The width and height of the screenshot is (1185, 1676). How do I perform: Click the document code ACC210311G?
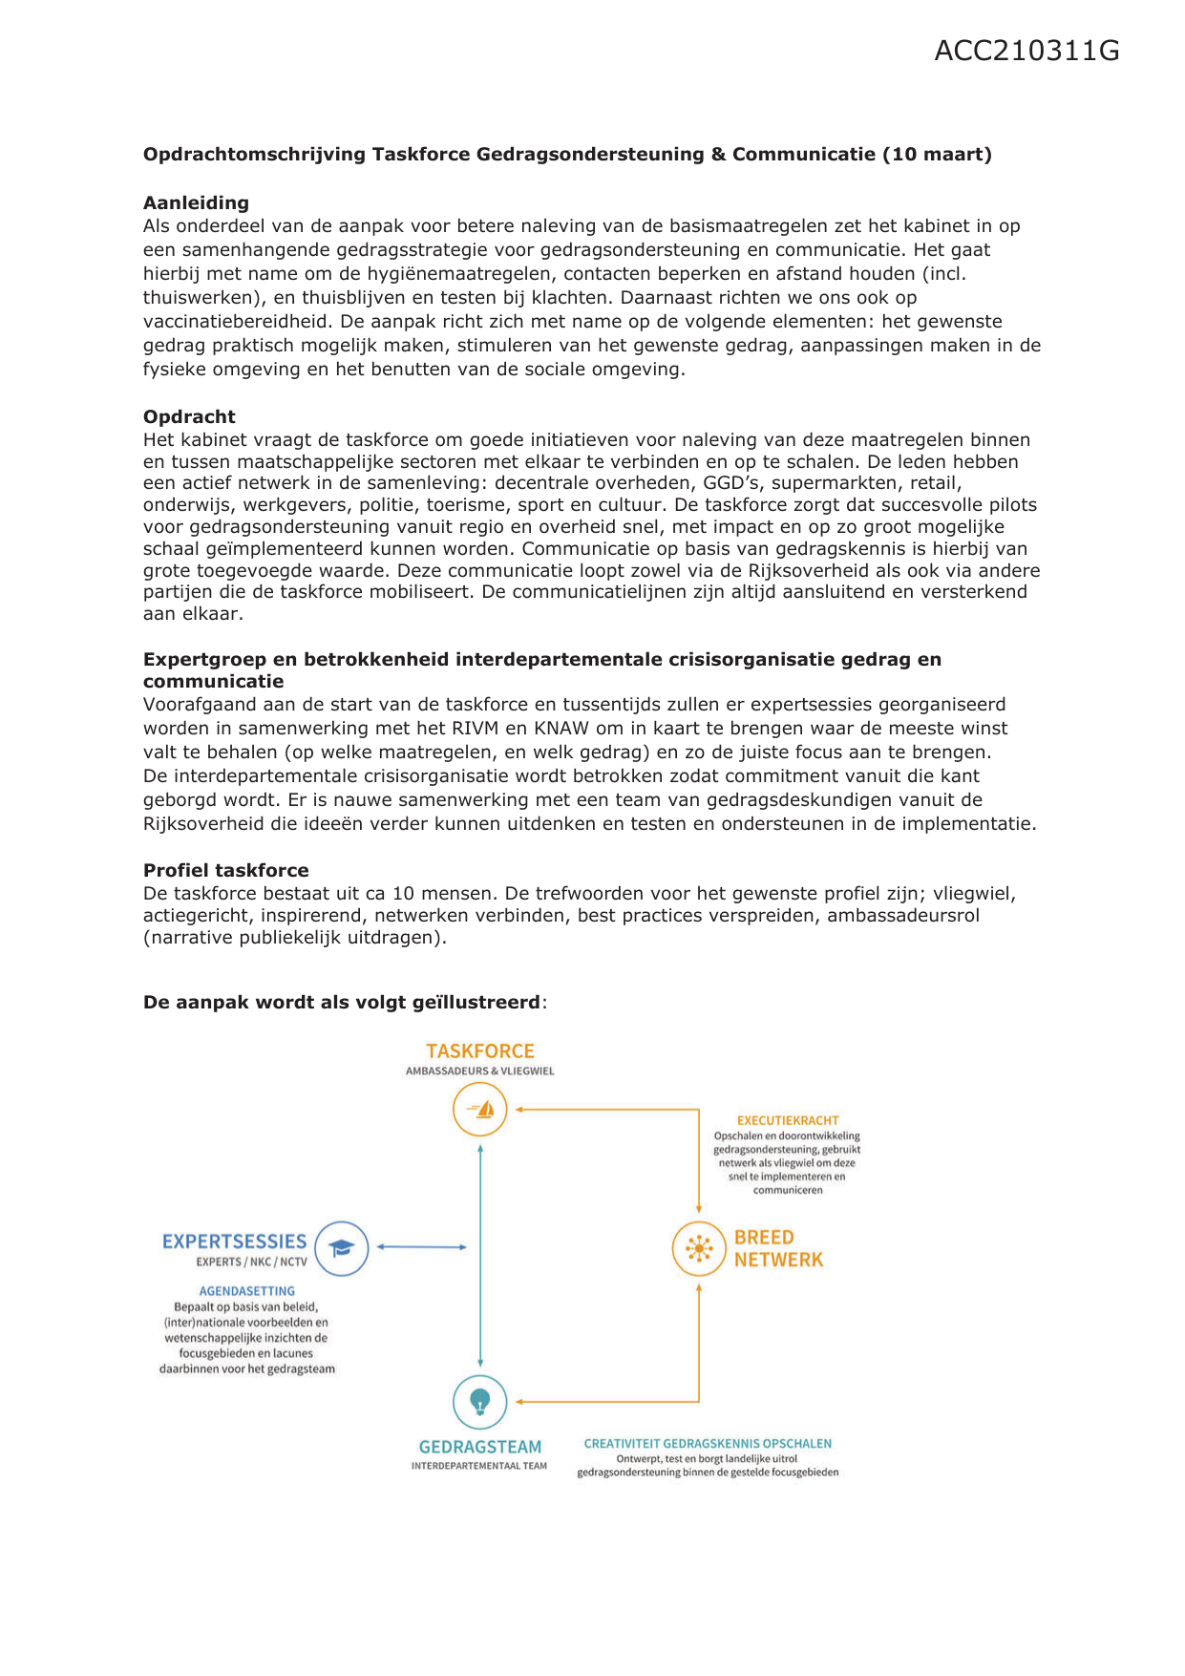click(x=1026, y=51)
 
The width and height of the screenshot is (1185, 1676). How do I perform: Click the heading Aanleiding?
click(x=196, y=202)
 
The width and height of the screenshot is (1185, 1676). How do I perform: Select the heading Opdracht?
click(x=189, y=416)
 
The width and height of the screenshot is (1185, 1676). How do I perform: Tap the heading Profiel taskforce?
click(x=225, y=870)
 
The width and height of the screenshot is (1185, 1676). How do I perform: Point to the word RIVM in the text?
click(x=475, y=728)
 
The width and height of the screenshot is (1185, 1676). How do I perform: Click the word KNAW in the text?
click(x=561, y=728)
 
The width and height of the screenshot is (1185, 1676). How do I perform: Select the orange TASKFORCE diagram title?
click(x=479, y=1050)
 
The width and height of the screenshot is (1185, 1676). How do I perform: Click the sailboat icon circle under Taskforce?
click(x=479, y=1110)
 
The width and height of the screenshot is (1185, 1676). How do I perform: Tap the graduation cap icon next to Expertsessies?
click(x=342, y=1247)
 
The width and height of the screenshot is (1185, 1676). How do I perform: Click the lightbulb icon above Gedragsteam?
click(x=479, y=1402)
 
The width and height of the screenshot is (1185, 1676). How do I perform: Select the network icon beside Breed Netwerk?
click(x=699, y=1248)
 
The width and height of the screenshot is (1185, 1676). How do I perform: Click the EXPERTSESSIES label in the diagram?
click(x=234, y=1241)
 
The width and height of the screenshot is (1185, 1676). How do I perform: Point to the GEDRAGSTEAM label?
click(x=479, y=1447)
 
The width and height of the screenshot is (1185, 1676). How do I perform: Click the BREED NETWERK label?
click(x=777, y=1248)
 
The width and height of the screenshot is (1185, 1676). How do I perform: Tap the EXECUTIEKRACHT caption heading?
click(x=787, y=1120)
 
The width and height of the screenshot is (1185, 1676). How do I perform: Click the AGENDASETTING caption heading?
click(x=246, y=1291)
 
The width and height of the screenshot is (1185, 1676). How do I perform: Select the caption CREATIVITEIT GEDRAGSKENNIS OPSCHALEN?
click(x=707, y=1443)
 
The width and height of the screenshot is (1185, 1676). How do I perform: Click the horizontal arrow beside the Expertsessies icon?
click(x=421, y=1247)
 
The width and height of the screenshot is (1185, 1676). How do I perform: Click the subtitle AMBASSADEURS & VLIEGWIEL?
click(x=479, y=1071)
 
